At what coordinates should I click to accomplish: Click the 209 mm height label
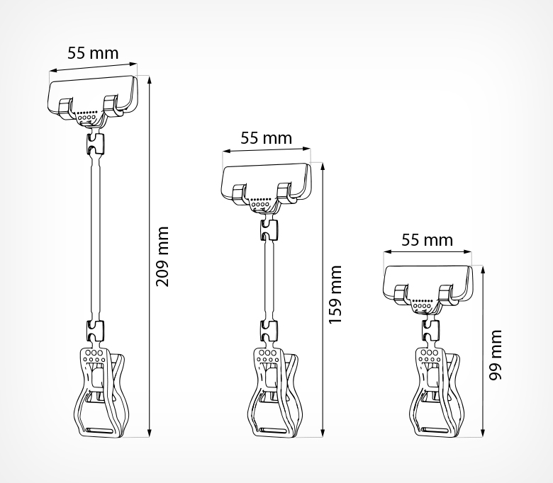tap(162, 256)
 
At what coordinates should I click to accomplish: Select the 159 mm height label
tap(335, 295)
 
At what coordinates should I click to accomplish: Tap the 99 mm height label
tap(496, 355)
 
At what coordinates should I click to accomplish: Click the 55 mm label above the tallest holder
tap(93, 53)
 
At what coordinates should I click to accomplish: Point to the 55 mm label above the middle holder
tap(267, 138)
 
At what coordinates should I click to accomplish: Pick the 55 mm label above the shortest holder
tap(427, 240)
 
